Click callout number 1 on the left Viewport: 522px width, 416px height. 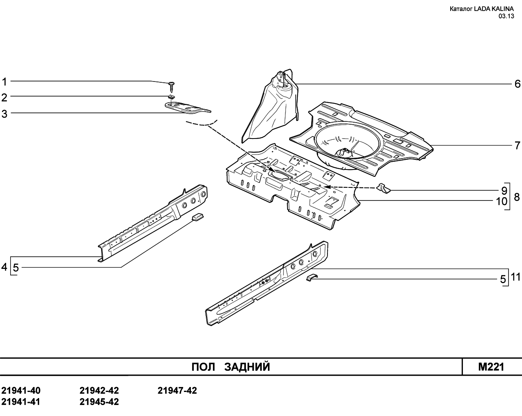click(4, 82)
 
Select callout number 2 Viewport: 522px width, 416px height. click(4, 98)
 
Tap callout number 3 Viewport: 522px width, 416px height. click(4, 114)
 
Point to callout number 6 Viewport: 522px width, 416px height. click(518, 84)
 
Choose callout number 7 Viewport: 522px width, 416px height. click(518, 145)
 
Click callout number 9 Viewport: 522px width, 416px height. click(504, 191)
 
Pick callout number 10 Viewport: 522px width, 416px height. click(502, 201)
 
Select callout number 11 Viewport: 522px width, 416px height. click(515, 277)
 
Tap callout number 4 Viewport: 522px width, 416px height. click(4, 267)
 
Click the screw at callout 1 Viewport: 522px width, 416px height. click(172, 87)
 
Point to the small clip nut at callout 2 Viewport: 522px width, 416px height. click(172, 97)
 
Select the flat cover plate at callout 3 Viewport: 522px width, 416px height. click(188, 108)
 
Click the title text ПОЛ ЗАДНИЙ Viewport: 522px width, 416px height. click(231, 367)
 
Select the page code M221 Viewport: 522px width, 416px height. click(491, 367)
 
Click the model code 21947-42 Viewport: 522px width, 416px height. click(177, 391)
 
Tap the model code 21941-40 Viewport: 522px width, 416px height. click(21, 391)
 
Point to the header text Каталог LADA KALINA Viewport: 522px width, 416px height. click(482, 9)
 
